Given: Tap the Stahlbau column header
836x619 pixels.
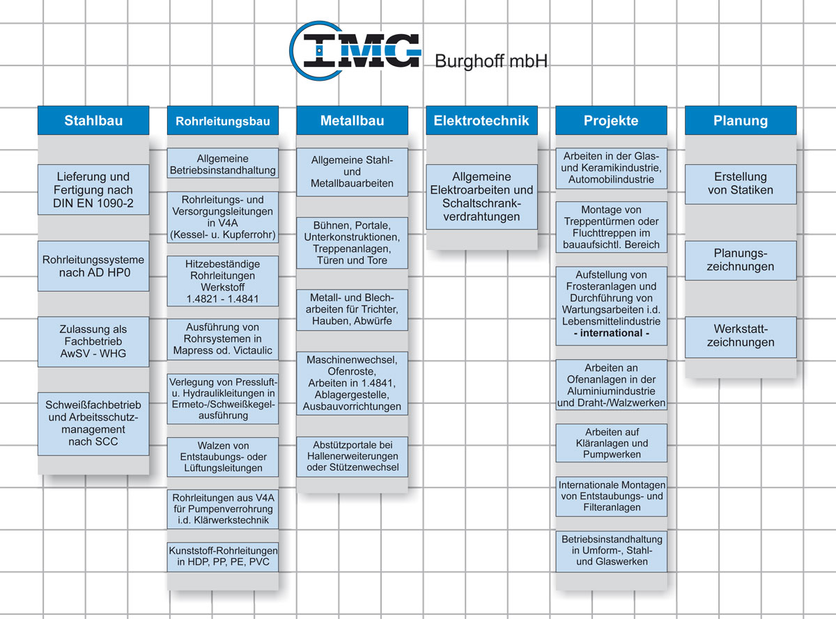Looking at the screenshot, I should click(93, 120).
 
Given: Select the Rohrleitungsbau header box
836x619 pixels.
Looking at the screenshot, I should click(223, 121).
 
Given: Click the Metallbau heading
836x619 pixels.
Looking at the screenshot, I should click(352, 120).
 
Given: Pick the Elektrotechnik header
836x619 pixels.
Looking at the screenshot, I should click(481, 120).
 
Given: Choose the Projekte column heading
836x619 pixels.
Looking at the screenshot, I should click(611, 120).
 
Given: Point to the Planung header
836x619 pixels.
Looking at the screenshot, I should click(741, 120).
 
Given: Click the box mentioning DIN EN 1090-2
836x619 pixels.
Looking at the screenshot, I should click(93, 189).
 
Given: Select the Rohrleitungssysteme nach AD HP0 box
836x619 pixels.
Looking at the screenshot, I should click(93, 266).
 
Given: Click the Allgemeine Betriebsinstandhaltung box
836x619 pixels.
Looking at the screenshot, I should click(223, 164).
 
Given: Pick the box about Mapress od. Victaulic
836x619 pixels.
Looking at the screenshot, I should click(223, 338).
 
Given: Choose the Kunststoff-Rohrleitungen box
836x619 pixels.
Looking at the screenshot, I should click(223, 556).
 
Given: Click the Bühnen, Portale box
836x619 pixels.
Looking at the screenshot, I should click(352, 243).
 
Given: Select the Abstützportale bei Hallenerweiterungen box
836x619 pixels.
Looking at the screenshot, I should click(352, 455).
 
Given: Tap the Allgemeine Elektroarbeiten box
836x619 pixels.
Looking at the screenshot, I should click(481, 196).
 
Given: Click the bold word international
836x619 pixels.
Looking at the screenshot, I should click(611, 333).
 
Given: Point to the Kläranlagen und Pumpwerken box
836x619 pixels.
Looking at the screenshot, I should click(611, 443).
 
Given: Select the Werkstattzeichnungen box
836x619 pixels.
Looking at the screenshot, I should click(741, 336).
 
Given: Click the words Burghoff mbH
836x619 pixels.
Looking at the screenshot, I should click(490, 61).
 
